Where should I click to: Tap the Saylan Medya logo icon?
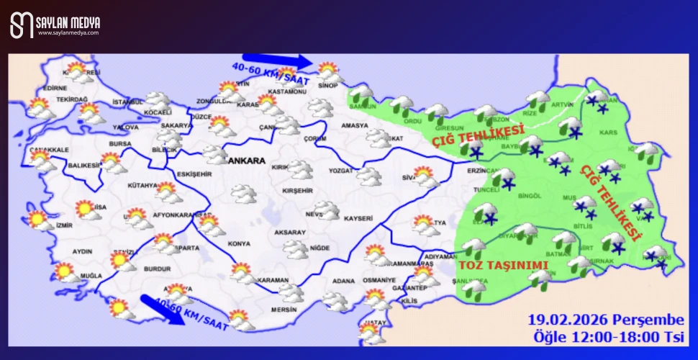coord(22,26)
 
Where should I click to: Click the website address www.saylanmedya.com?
coord(68,33)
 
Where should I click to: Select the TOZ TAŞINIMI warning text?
coord(504,265)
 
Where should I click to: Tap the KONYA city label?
coord(239,244)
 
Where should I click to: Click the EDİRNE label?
coord(55,88)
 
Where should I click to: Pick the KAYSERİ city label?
coord(358,218)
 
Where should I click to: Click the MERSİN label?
coord(283,310)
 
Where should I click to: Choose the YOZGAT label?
coord(341,171)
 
